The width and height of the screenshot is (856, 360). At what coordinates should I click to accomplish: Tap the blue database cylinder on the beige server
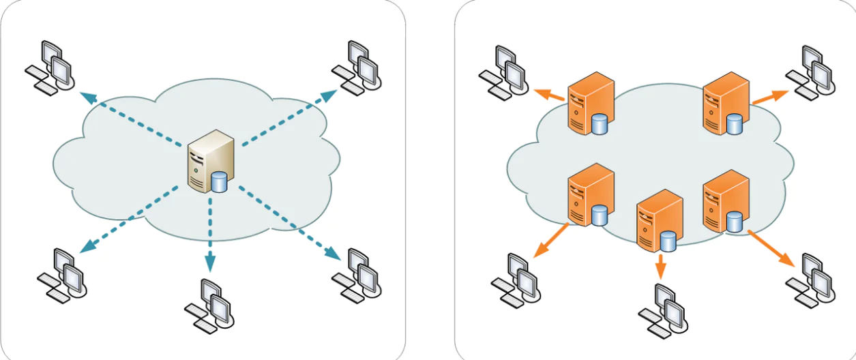(x=219, y=183)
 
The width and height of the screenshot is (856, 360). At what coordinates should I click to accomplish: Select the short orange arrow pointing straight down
(x=660, y=266)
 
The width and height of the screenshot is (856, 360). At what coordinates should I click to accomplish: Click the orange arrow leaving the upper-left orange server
(x=550, y=95)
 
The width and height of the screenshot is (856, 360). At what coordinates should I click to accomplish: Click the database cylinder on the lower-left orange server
(x=600, y=215)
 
